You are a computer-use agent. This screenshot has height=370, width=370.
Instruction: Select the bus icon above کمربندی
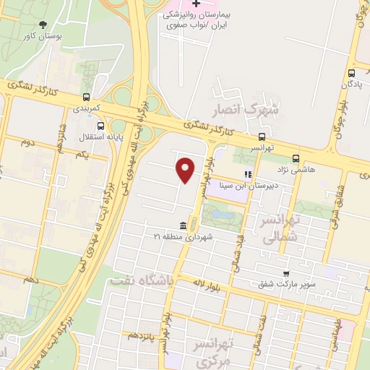[87, 97]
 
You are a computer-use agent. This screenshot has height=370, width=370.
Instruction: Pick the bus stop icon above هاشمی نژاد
[295, 158]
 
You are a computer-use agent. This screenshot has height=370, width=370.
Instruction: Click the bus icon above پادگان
[351, 73]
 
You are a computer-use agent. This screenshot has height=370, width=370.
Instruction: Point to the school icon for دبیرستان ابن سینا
[248, 174]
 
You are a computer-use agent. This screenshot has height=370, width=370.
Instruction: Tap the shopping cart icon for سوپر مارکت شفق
[287, 273]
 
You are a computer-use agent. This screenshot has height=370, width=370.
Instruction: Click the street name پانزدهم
[142, 336]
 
